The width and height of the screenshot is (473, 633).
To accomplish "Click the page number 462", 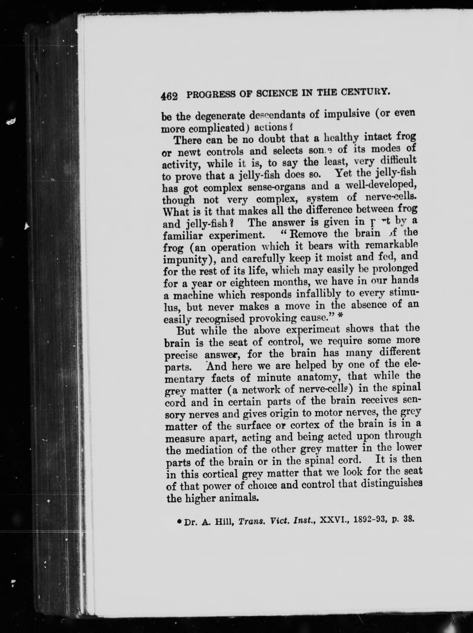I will [x=169, y=96].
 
